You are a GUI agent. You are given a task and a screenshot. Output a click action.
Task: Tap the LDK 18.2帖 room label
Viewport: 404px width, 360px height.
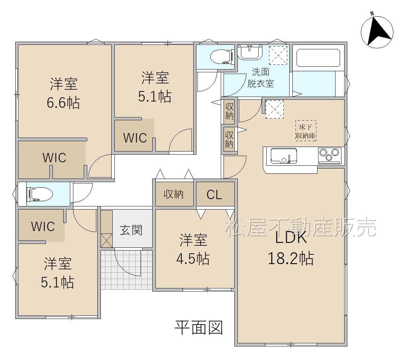point(291,248)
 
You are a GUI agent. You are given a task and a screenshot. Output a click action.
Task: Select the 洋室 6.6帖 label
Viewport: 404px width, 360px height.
point(63,93)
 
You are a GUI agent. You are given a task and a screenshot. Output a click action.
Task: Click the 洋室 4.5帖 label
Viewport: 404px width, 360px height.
point(193,249)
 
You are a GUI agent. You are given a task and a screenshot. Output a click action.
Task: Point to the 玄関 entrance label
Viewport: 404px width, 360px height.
point(131,230)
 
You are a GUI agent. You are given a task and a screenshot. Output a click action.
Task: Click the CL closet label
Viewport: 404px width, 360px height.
point(214,195)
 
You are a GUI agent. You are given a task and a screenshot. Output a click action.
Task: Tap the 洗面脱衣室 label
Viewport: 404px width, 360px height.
point(260,78)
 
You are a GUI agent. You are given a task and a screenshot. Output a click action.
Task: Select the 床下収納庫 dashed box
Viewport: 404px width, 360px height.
point(306,131)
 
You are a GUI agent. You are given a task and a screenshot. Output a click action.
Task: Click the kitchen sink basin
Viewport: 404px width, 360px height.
point(283,156)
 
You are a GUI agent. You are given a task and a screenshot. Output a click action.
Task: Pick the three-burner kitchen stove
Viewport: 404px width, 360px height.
point(330,156)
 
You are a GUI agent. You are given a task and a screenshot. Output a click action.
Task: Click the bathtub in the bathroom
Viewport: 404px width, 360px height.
point(318,58)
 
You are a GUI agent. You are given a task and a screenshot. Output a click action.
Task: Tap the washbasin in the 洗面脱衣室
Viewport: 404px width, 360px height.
point(250,52)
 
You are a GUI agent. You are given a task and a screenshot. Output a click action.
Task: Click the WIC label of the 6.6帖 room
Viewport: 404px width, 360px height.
point(54,158)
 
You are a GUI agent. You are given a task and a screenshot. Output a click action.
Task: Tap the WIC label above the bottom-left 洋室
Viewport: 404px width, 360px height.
point(43,226)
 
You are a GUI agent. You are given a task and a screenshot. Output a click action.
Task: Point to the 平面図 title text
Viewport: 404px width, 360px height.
point(199,328)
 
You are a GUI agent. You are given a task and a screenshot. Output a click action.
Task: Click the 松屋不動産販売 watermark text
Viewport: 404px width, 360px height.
point(301,227)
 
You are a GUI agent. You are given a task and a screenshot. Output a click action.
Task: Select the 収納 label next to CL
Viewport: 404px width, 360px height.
point(173,194)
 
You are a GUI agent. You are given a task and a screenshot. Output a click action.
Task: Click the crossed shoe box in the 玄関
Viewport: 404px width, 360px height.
point(106,240)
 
